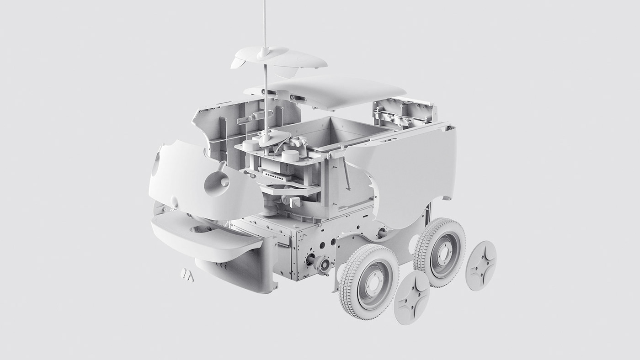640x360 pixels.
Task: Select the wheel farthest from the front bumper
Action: point(440,252)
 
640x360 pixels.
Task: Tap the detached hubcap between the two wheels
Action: point(411,298)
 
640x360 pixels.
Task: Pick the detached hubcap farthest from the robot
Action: point(481,266)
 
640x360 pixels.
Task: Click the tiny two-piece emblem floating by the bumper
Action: point(187,275)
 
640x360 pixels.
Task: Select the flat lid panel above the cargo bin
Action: point(329,91)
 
